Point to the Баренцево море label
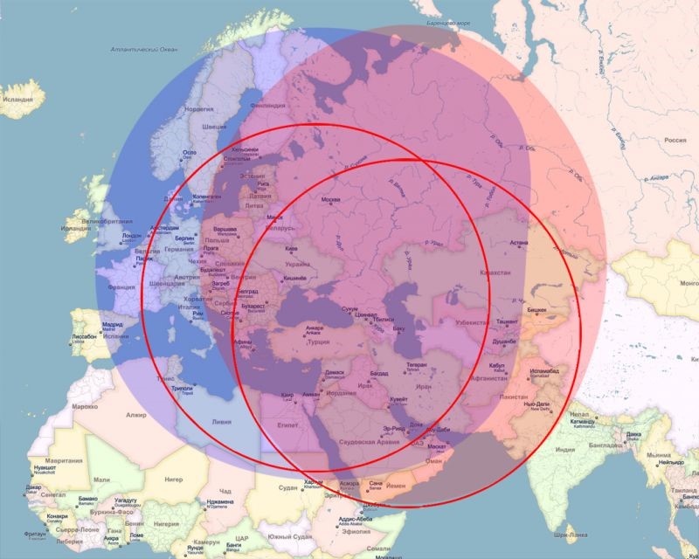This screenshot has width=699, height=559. (446, 24)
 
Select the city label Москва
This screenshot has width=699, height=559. (332, 201)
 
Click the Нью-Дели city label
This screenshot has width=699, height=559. (535, 405)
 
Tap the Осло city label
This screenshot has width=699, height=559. (189, 153)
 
